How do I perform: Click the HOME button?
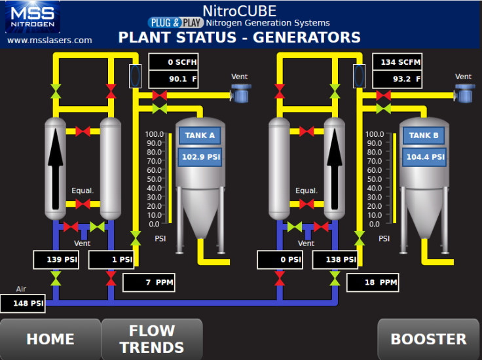[x=50, y=339]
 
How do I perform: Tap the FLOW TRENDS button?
[x=152, y=339]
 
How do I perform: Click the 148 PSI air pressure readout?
[x=23, y=304]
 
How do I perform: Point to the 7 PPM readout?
[x=149, y=283]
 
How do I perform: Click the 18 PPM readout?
[x=372, y=283]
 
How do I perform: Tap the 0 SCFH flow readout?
[x=174, y=62]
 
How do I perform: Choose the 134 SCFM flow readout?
[x=398, y=62]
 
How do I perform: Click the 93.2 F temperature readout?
[x=398, y=80]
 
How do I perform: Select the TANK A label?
[x=200, y=135]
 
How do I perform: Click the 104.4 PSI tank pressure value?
[x=425, y=157]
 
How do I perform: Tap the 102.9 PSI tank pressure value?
[x=200, y=157]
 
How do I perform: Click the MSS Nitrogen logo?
[x=33, y=18]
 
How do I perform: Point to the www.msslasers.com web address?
[x=50, y=40]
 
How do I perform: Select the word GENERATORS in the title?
[x=306, y=37]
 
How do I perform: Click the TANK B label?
[x=424, y=135]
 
